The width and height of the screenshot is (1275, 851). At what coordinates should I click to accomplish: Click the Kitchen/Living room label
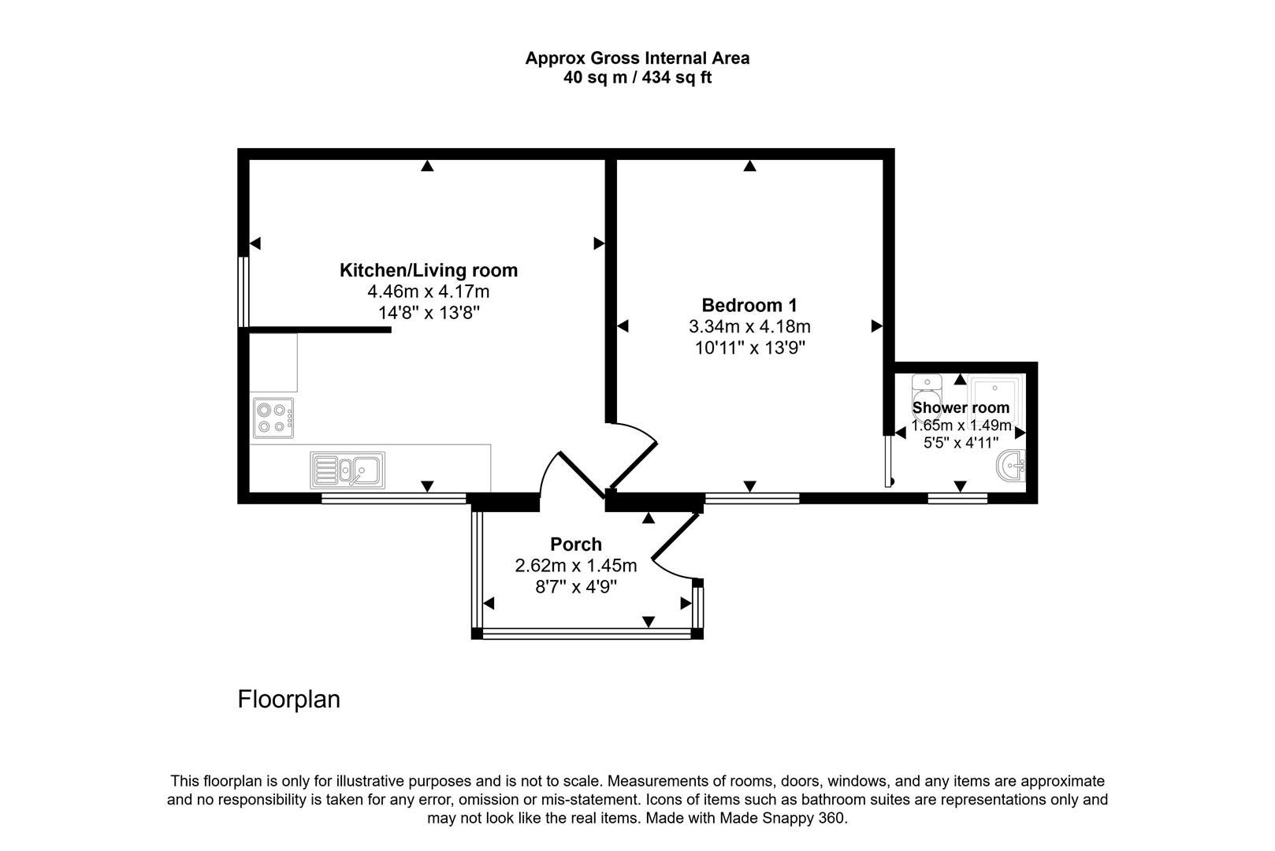tap(428, 270)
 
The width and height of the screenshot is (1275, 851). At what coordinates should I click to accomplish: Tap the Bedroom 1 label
tap(749, 305)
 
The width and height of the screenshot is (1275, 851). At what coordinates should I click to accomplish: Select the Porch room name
tap(575, 544)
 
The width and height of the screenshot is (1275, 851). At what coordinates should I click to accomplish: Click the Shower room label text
tap(961, 407)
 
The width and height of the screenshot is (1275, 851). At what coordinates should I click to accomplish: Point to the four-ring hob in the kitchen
tap(273, 418)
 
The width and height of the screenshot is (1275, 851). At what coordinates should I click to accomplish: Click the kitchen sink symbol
tap(348, 470)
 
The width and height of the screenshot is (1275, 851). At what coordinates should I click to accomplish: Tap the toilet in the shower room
tap(926, 389)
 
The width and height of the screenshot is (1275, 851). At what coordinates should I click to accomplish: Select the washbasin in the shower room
tap(1012, 466)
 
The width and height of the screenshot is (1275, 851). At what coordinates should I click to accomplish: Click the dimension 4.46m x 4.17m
tap(428, 292)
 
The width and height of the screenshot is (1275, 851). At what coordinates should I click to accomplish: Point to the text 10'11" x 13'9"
tap(749, 347)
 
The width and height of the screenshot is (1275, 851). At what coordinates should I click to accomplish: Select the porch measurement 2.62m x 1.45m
tap(575, 566)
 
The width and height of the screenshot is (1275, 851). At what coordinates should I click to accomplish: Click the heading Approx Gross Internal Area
tap(637, 58)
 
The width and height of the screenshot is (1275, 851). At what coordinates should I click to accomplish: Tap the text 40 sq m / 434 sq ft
tap(637, 78)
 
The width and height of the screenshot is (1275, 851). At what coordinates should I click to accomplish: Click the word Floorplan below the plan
tap(288, 700)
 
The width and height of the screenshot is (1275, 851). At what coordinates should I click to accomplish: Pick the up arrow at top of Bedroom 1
tap(749, 165)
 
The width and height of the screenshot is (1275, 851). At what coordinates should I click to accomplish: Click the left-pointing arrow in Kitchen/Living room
tap(255, 243)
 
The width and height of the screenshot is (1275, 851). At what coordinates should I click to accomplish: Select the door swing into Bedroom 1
tap(634, 457)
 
